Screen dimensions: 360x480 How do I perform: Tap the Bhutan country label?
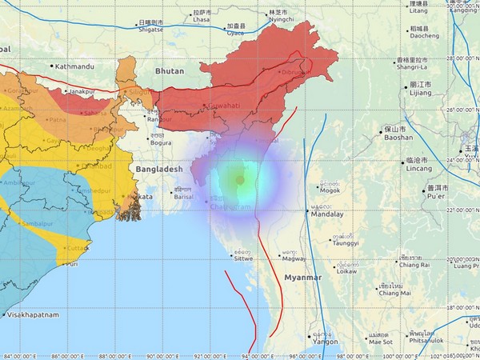(169, 71)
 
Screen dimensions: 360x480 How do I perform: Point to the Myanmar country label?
(302, 277)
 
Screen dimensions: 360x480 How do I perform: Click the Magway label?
(294, 258)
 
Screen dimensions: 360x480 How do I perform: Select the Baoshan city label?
(418, 138)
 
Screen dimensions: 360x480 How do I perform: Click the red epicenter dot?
(240, 180)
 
